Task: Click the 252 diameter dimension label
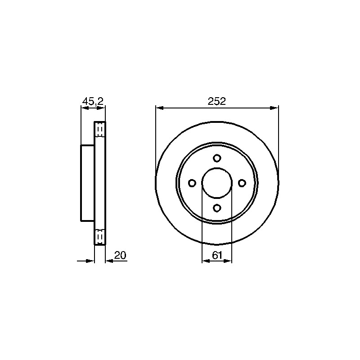pyautogui.click(x=217, y=101)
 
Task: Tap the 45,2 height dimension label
pyautogui.click(x=93, y=101)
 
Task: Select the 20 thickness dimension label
pyautogui.click(x=120, y=255)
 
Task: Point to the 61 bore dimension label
pyautogui.click(x=217, y=255)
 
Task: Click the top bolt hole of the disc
pyautogui.click(x=217, y=158)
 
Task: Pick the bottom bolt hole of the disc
pyautogui.click(x=217, y=208)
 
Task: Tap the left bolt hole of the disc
pyautogui.click(x=192, y=183)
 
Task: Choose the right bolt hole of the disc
pyautogui.click(x=242, y=183)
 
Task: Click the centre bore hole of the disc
pyautogui.click(x=217, y=183)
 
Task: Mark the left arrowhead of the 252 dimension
pyautogui.click(x=160, y=108)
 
